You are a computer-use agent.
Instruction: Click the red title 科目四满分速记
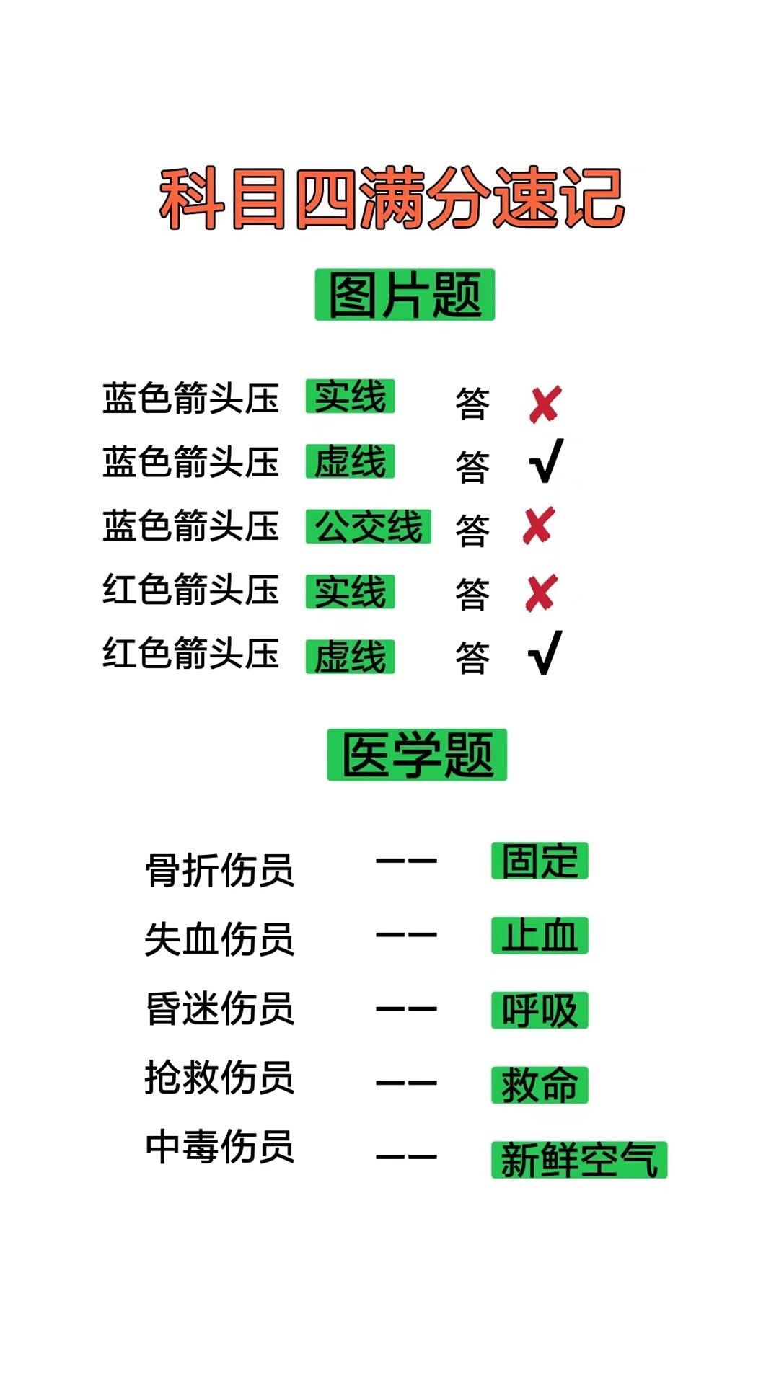click(392, 198)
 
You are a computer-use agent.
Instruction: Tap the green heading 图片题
click(405, 295)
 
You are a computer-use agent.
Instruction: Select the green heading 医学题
click(417, 755)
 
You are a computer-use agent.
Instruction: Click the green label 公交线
click(368, 526)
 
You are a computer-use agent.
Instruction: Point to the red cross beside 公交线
click(539, 525)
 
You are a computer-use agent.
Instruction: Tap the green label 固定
click(540, 861)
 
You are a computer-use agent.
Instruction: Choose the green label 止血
click(540, 936)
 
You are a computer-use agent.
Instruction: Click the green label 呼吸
click(540, 1010)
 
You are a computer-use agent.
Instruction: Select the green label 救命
click(540, 1085)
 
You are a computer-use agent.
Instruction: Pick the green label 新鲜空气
click(579, 1160)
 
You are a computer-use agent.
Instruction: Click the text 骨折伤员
click(220, 870)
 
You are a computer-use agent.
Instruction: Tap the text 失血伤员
click(220, 939)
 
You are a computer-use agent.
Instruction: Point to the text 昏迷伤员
click(220, 1008)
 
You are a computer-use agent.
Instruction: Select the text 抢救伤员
click(220, 1077)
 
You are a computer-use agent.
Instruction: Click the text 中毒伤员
click(220, 1146)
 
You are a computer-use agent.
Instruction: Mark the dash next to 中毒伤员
click(406, 1157)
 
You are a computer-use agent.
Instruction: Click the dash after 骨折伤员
click(406, 861)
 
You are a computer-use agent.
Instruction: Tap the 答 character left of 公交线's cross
click(472, 531)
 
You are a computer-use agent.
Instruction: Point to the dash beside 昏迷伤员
click(406, 1008)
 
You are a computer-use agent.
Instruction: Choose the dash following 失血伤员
click(406, 935)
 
